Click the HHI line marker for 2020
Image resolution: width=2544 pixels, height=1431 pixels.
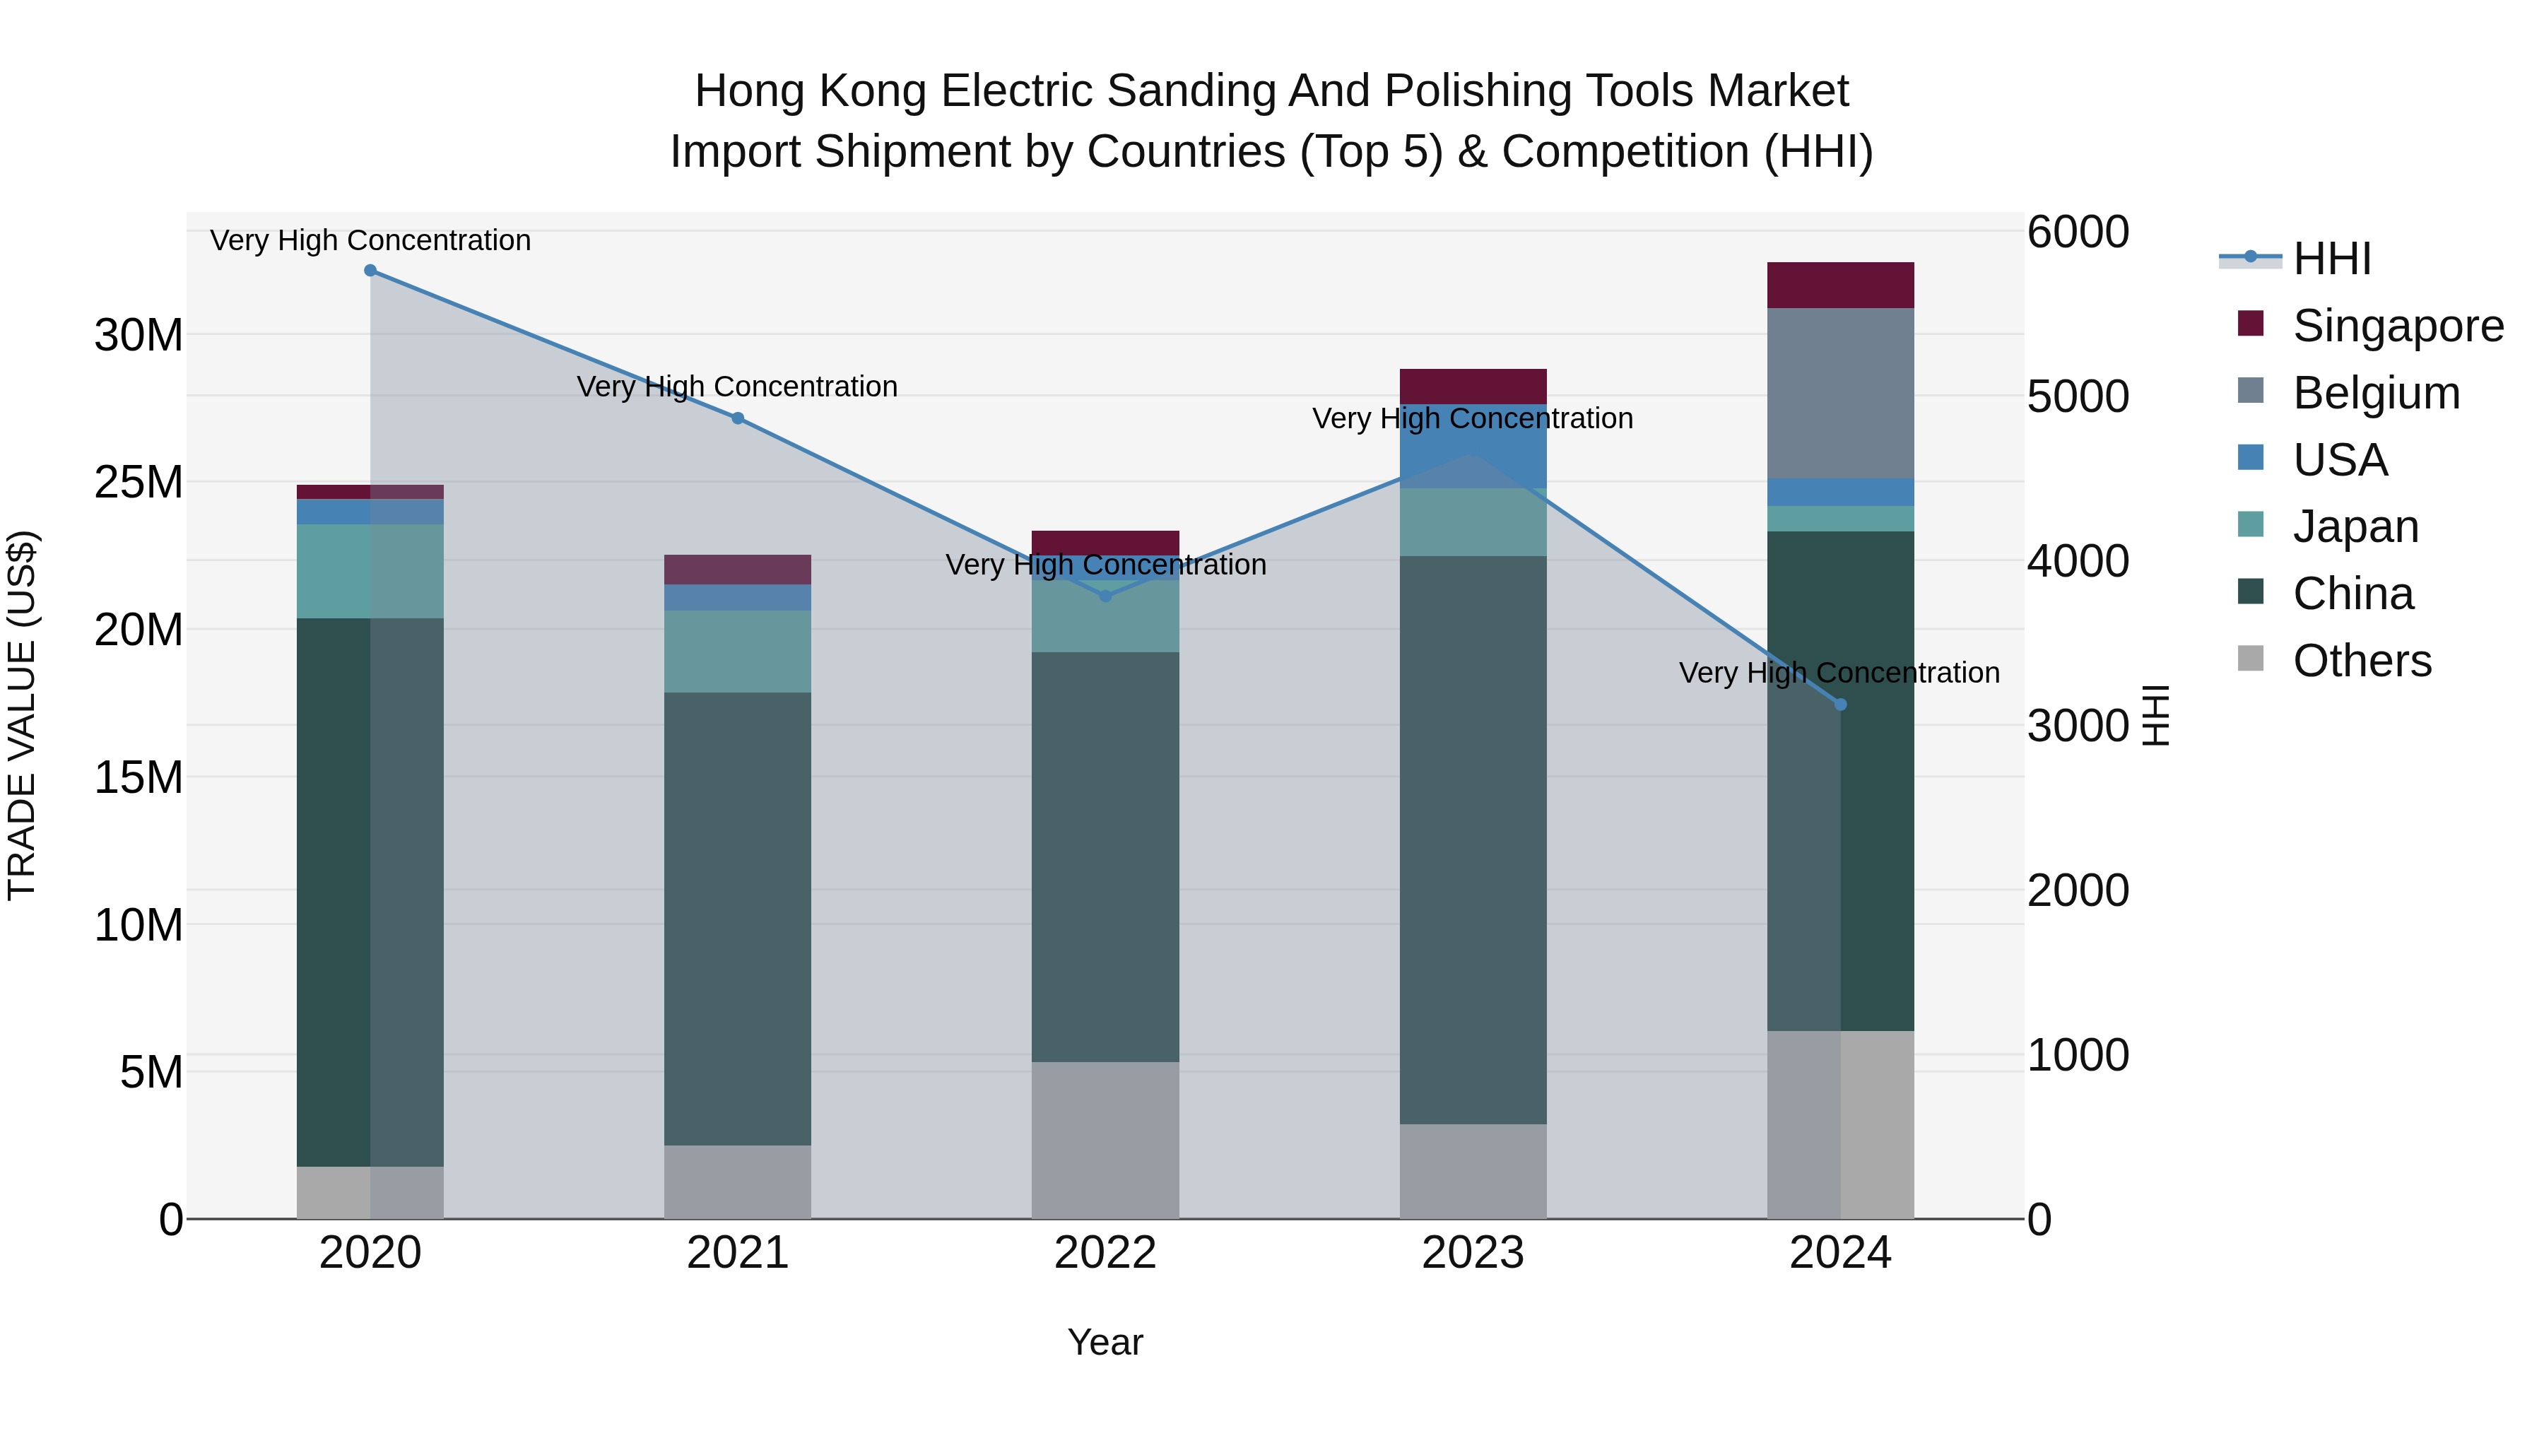(x=370, y=271)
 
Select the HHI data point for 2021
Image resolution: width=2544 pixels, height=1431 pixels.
(x=738, y=419)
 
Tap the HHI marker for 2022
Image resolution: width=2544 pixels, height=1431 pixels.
(x=1105, y=596)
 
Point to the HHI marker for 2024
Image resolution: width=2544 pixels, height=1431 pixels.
(x=1841, y=704)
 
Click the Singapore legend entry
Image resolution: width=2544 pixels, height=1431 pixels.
(x=2397, y=326)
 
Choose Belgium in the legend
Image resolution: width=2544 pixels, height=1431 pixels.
(x=2375, y=393)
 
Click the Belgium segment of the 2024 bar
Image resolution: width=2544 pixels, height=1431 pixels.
(x=1841, y=393)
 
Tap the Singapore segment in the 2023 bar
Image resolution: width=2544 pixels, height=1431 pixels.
(x=1473, y=386)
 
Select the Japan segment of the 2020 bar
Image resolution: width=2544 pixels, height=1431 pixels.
(x=370, y=571)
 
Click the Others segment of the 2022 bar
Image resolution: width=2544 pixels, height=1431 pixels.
(x=1105, y=1140)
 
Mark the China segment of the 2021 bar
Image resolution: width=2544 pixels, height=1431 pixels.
(x=738, y=919)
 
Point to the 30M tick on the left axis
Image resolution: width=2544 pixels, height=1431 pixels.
(x=139, y=336)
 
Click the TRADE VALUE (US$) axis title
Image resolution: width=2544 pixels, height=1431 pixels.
(x=22, y=715)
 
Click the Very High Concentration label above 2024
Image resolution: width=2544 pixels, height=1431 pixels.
(x=1839, y=673)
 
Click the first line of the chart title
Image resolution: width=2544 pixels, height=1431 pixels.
(x=1272, y=91)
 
